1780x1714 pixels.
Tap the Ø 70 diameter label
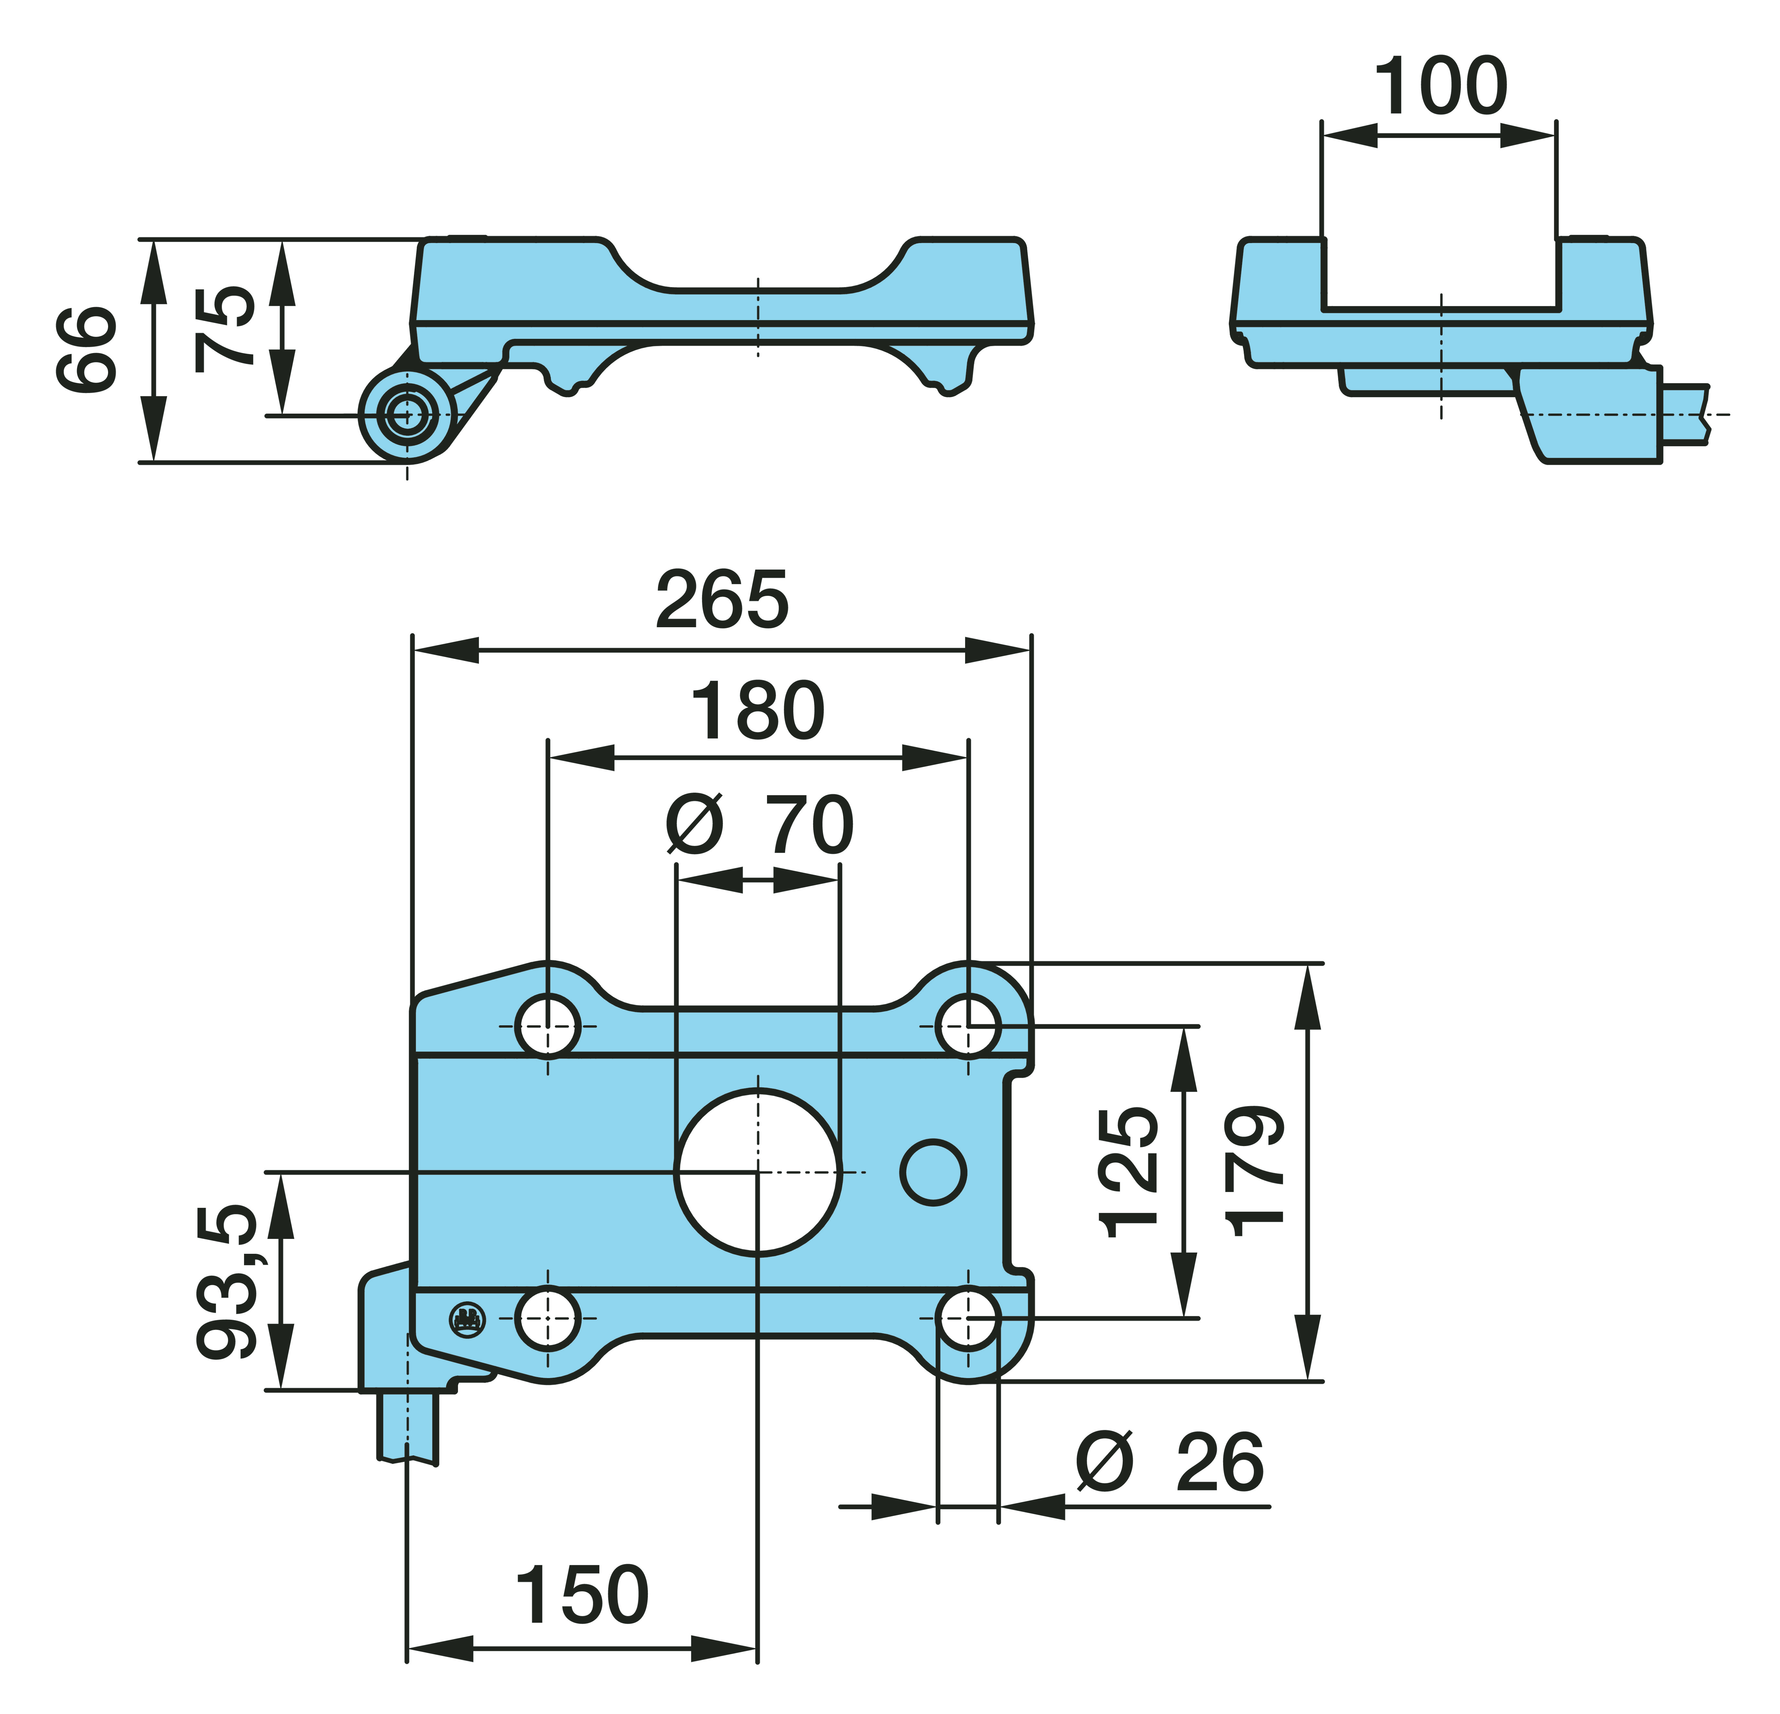click(x=759, y=825)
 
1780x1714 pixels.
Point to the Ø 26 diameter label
click(x=1170, y=1463)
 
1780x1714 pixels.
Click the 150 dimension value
click(x=582, y=1595)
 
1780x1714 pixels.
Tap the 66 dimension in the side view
click(x=86, y=350)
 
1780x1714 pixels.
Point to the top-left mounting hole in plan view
click(x=548, y=1026)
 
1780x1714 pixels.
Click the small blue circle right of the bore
click(x=934, y=1172)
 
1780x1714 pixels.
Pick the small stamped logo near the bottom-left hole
click(x=468, y=1319)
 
